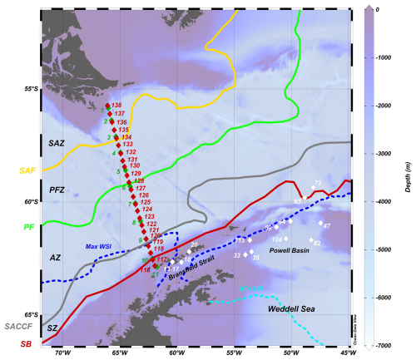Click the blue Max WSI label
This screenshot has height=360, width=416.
point(98,246)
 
